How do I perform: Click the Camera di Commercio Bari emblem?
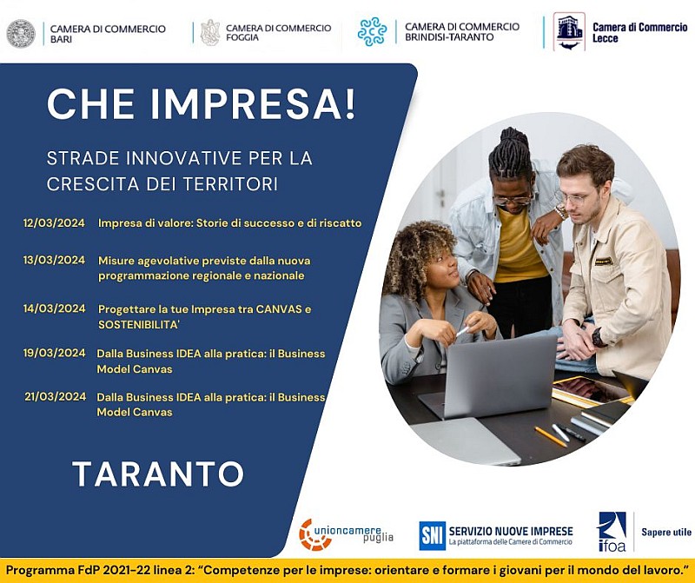coord(21,33)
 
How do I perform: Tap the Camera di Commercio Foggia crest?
coord(210,33)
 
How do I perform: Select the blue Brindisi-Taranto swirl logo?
coord(373,32)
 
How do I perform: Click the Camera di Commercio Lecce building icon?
coord(569,31)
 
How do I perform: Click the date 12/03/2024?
coord(54,223)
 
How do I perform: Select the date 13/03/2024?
coord(54,260)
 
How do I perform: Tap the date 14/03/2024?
coord(54,308)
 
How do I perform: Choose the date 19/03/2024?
coord(54,353)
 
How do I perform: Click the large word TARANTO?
coord(158,474)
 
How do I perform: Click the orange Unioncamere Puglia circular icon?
coord(315,535)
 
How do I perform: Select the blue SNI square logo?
coord(432,535)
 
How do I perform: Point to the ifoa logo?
coord(612,532)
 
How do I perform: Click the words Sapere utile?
coord(666,532)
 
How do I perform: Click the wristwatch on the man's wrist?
coord(599,336)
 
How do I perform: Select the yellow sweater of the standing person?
coord(519,249)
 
